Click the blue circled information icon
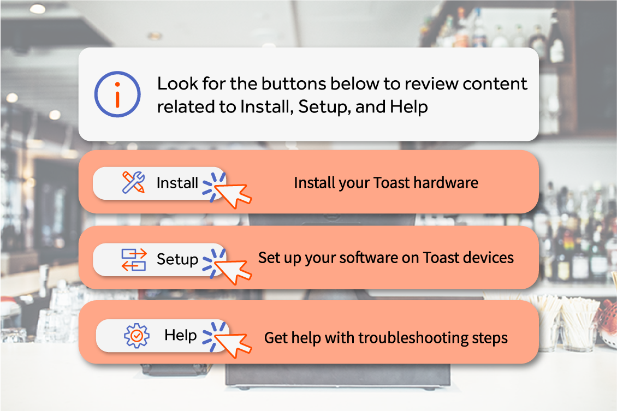pyautogui.click(x=117, y=94)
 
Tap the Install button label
pyautogui.click(x=177, y=183)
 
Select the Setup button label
pyautogui.click(x=177, y=260)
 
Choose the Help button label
pyautogui.click(x=181, y=335)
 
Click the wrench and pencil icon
pyautogui.click(x=133, y=182)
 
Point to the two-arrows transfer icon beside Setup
pyautogui.click(x=134, y=260)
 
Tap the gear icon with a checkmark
pyautogui.click(x=137, y=336)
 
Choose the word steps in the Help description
pyautogui.click(x=490, y=339)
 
